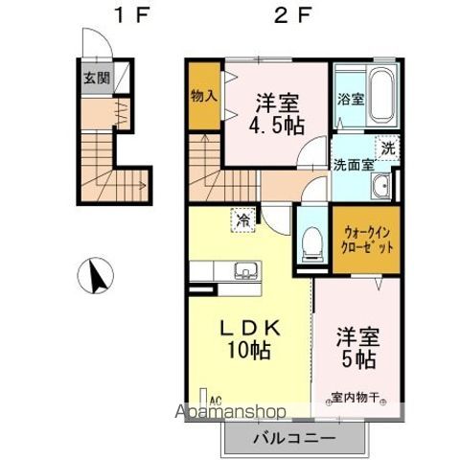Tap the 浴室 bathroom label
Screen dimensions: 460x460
coord(351,98)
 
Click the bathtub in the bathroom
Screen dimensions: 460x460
coord(380,96)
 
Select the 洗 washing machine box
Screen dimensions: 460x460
coord(388,149)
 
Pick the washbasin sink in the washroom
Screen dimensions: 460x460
coord(381,186)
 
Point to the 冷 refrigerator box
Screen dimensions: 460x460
coord(244,220)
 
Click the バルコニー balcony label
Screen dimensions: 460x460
coord(293,439)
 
